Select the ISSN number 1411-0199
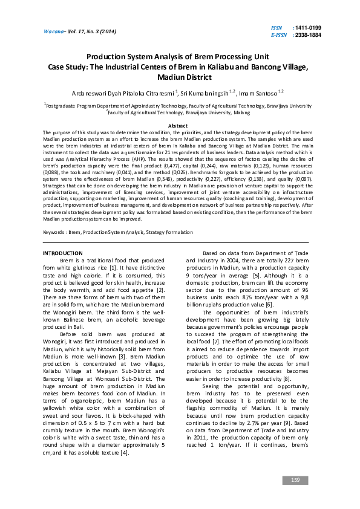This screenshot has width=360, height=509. coord(309,28)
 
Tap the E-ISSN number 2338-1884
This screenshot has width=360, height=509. coord(309,35)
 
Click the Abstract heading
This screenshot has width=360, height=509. coord(180,125)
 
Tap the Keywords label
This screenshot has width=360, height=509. coord(54,215)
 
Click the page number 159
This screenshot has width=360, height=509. coord(295,480)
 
